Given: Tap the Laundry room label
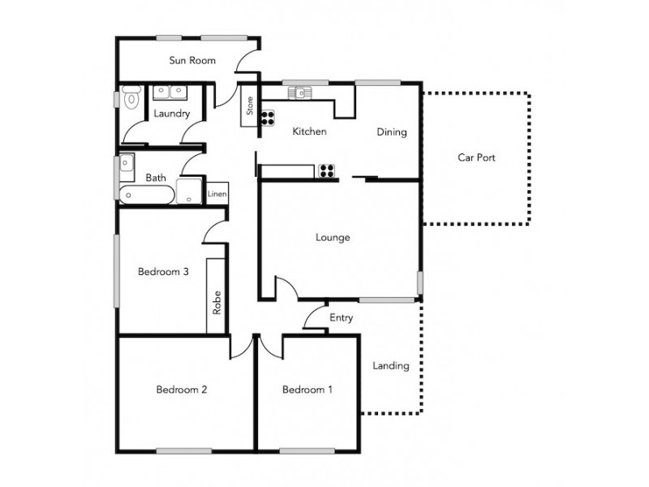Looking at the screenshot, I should (x=171, y=114).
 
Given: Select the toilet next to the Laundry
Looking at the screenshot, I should (x=131, y=98).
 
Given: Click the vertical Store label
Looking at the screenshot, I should (x=250, y=107).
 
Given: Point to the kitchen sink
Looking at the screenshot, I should (x=300, y=93).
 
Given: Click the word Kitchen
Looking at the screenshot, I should (x=309, y=131).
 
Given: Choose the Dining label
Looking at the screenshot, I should (x=391, y=132).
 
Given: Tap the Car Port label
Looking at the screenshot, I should (x=476, y=157).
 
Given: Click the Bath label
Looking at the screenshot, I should (x=156, y=177).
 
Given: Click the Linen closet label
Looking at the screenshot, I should (x=217, y=195).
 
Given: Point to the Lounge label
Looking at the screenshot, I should (x=333, y=238).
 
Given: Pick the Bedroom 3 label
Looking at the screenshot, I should (x=163, y=272).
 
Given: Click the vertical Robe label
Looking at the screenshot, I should (x=217, y=303).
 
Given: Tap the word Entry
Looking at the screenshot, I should (x=341, y=317).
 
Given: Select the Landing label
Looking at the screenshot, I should (x=390, y=366).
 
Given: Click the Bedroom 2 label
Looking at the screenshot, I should (x=182, y=390).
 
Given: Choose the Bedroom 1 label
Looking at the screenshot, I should (x=307, y=390).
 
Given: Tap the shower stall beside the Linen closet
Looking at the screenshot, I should (x=190, y=192).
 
